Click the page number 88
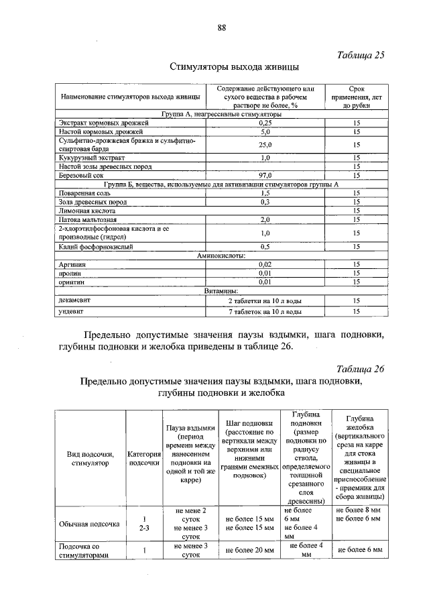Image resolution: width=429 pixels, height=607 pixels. pyautogui.click(x=221, y=27)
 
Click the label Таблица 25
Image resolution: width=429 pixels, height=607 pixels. pyautogui.click(x=360, y=55)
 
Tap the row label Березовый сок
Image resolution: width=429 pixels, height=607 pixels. pyautogui.click(x=78, y=175)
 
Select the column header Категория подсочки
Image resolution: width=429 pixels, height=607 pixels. pyautogui.click(x=143, y=458)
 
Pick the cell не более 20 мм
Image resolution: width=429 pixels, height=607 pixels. pyautogui.click(x=250, y=550)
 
